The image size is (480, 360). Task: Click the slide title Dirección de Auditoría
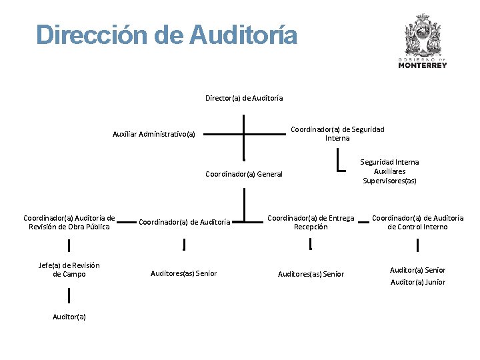click(x=167, y=35)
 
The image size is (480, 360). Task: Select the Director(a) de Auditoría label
click(x=244, y=98)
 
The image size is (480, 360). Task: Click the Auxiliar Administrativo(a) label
click(x=154, y=134)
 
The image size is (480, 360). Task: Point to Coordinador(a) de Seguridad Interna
click(x=337, y=133)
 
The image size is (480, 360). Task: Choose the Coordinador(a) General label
click(x=244, y=175)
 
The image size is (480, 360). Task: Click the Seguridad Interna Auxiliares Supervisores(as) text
click(x=390, y=171)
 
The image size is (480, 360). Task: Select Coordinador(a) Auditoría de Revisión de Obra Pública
click(x=69, y=222)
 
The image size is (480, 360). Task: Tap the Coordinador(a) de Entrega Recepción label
click(x=311, y=222)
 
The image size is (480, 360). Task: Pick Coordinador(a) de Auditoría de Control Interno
click(x=418, y=222)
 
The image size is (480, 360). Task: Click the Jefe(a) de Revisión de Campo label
click(x=69, y=270)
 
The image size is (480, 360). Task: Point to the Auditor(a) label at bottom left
click(x=69, y=317)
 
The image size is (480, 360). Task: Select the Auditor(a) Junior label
click(x=418, y=283)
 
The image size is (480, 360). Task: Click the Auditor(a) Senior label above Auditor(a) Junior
click(x=418, y=270)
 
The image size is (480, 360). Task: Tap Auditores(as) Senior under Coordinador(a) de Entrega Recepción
click(x=311, y=274)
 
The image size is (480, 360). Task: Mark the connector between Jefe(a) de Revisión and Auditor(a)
click(x=69, y=293)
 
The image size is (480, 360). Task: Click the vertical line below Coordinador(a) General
click(x=245, y=203)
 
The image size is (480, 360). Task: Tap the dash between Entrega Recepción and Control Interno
click(x=363, y=223)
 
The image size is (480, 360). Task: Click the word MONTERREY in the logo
click(x=422, y=65)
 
